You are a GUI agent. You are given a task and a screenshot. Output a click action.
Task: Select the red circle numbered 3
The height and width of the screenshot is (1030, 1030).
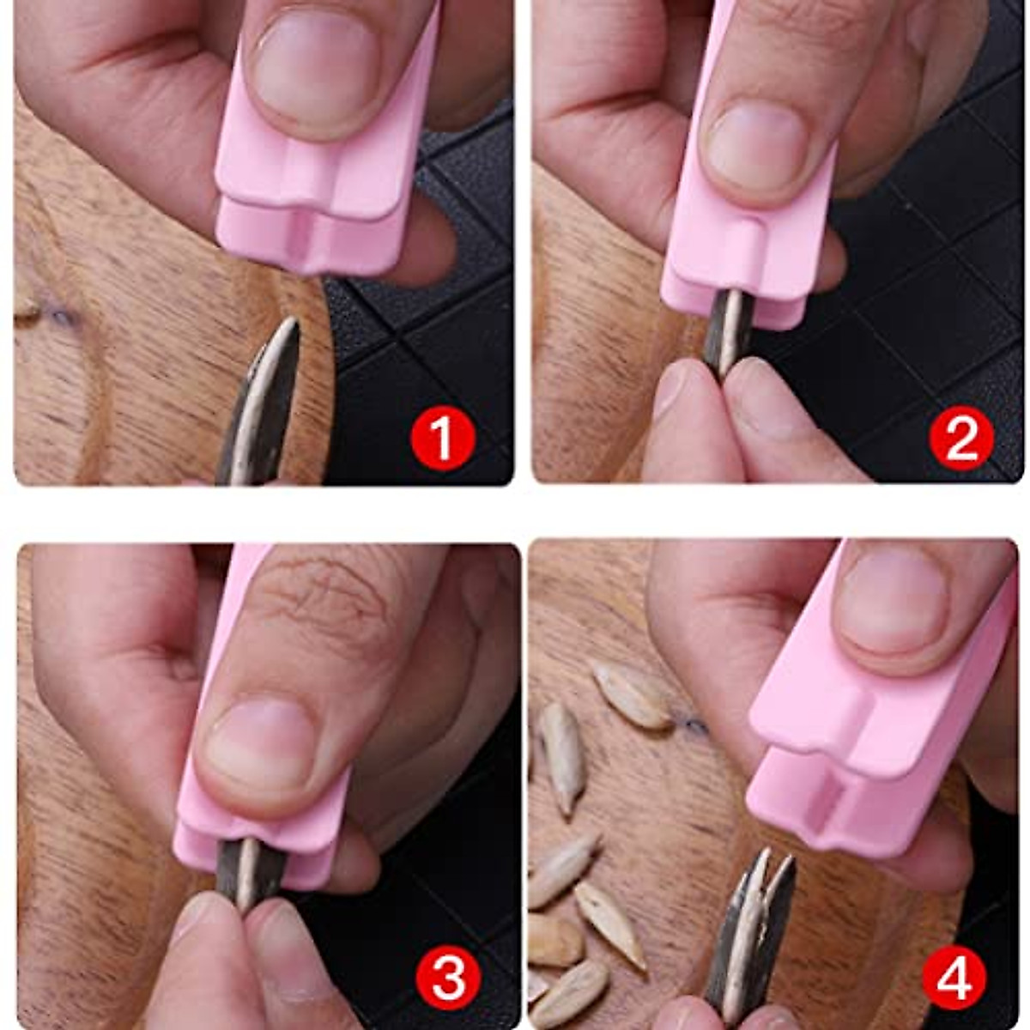click(x=447, y=978)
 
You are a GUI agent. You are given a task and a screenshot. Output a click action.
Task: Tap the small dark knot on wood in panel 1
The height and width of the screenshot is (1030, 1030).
click(x=60, y=318)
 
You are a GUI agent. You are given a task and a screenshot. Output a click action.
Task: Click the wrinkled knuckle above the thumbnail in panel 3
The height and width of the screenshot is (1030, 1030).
click(x=330, y=601)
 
